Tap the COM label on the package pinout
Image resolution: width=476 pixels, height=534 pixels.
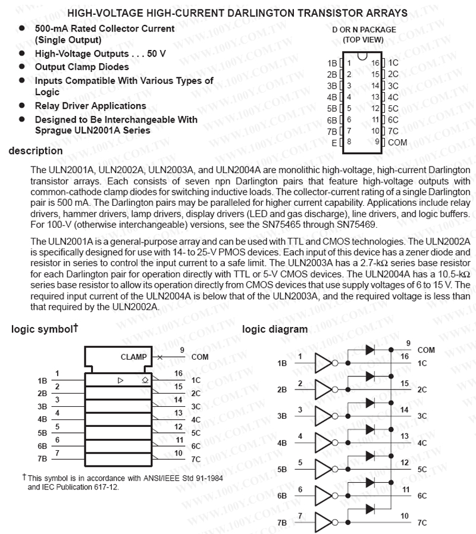pos(397,143)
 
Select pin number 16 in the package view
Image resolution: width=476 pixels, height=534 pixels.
pos(375,62)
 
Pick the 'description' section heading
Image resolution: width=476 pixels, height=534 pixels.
pos(36,152)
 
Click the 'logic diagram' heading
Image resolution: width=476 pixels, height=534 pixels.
pos(275,329)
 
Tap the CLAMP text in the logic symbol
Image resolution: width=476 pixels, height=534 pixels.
pos(133,357)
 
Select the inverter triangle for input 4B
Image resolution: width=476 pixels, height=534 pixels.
pos(324,443)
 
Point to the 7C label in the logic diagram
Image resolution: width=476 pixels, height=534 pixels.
pos(422,523)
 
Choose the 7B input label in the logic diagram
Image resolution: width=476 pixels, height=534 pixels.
pos(282,523)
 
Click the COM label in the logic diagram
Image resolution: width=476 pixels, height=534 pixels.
pos(426,350)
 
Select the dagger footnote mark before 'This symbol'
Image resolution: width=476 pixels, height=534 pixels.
pos(24,477)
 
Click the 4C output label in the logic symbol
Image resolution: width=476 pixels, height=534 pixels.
pos(196,419)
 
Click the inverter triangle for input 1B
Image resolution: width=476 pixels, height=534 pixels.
pos(324,362)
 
